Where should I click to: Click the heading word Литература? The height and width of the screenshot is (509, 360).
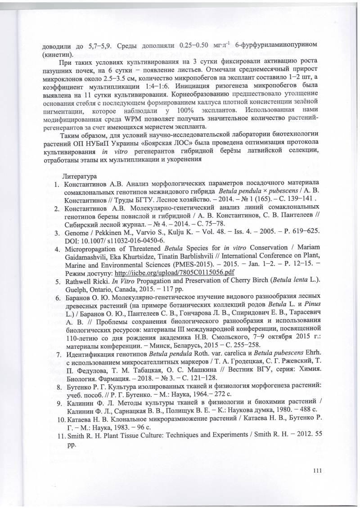coord(80,176)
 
